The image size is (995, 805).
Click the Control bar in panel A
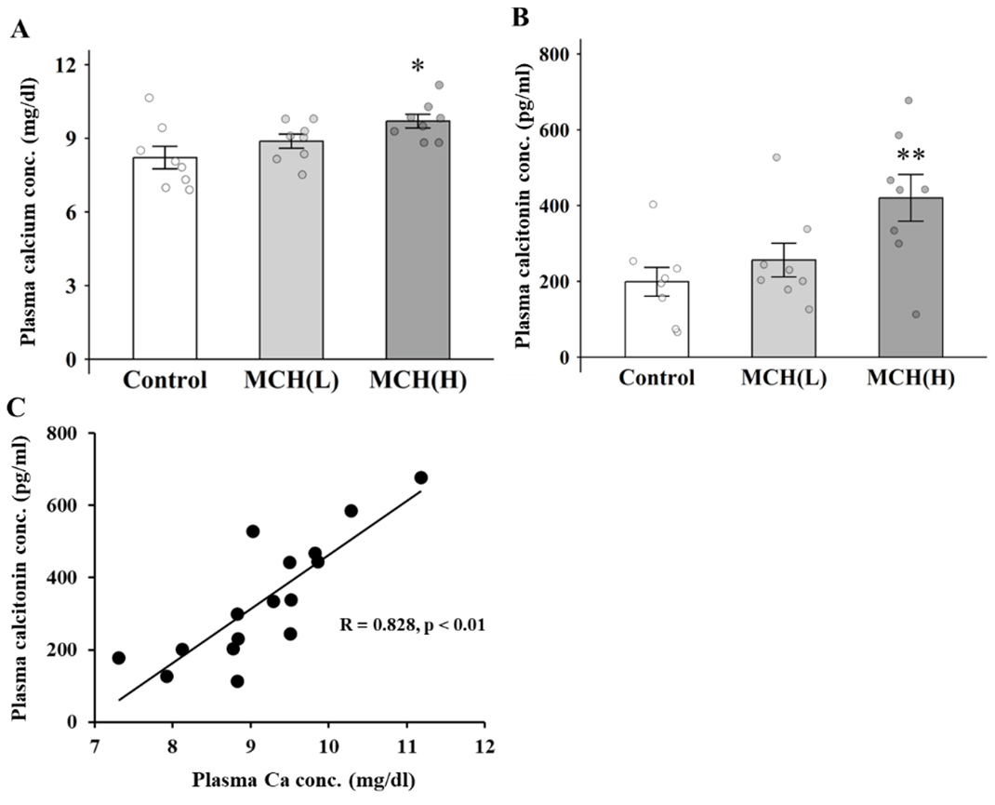[x=165, y=258]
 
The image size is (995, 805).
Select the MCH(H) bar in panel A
[x=418, y=240]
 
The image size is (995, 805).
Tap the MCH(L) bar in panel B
[x=784, y=308]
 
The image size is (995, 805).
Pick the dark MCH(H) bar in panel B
[x=910, y=277]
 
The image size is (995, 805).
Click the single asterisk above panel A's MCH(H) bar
[x=418, y=66]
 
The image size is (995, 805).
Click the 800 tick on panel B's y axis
[x=552, y=54]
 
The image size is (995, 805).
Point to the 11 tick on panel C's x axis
[x=406, y=746]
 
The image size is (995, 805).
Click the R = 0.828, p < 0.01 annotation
[x=413, y=624]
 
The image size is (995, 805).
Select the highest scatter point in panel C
[x=420, y=477]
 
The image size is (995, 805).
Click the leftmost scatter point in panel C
[x=119, y=658]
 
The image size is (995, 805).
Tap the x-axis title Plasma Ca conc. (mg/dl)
[x=304, y=780]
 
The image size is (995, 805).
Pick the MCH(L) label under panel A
[x=291, y=381]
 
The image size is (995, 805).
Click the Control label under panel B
[x=657, y=378]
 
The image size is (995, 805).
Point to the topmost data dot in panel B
[x=909, y=101]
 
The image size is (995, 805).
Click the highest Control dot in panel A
[x=149, y=98]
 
